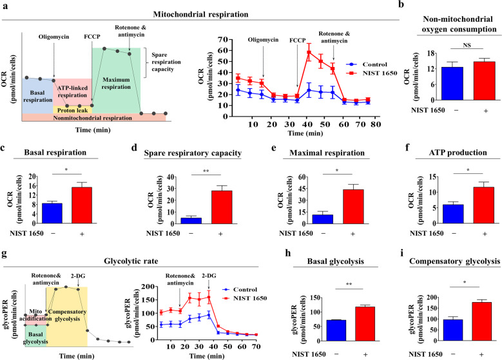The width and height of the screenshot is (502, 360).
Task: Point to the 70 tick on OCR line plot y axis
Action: tap(208, 39)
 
